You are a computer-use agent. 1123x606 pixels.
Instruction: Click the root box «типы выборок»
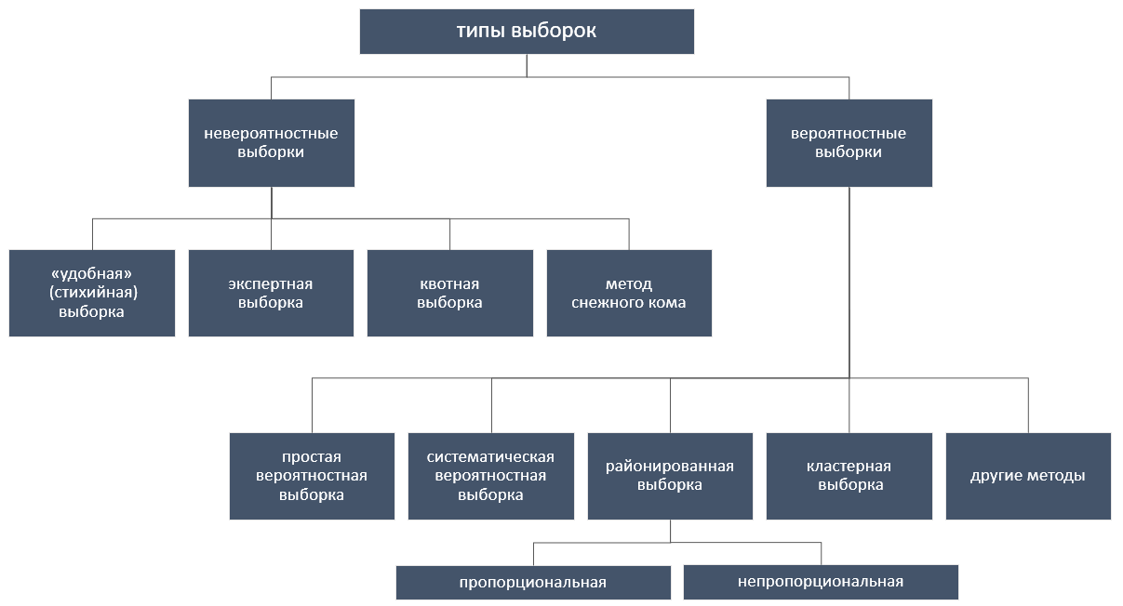coord(527,31)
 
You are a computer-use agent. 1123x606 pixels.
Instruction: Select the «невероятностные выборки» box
coord(272,143)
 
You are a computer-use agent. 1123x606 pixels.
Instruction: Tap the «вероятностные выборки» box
coord(849,143)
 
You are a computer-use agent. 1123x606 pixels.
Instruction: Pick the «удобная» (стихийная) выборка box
coord(92,293)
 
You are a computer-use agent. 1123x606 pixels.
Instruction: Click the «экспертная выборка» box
coord(272,293)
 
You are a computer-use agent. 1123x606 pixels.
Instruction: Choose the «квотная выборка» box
coord(450,293)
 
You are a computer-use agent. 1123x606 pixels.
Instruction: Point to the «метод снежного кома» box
coord(629,293)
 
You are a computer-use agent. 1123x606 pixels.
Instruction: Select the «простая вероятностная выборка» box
coord(312,476)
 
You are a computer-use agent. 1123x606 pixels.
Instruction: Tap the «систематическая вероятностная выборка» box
coord(491,476)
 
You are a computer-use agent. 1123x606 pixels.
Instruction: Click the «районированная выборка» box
coord(670,476)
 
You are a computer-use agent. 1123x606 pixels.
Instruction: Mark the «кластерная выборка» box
coord(849,476)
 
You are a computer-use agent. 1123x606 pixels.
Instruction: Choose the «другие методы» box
coord(1028,476)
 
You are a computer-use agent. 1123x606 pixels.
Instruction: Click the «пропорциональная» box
coord(533,583)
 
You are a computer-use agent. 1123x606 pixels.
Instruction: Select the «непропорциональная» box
coord(821,582)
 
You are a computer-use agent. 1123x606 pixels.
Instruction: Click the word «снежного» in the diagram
coord(605,302)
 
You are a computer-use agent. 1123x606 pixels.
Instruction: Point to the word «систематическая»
coord(490,456)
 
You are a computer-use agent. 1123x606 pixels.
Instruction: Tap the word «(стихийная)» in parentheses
coord(93,292)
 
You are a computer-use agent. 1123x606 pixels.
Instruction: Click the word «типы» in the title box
coord(481,31)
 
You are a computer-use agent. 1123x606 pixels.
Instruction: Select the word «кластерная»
coord(849,467)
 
